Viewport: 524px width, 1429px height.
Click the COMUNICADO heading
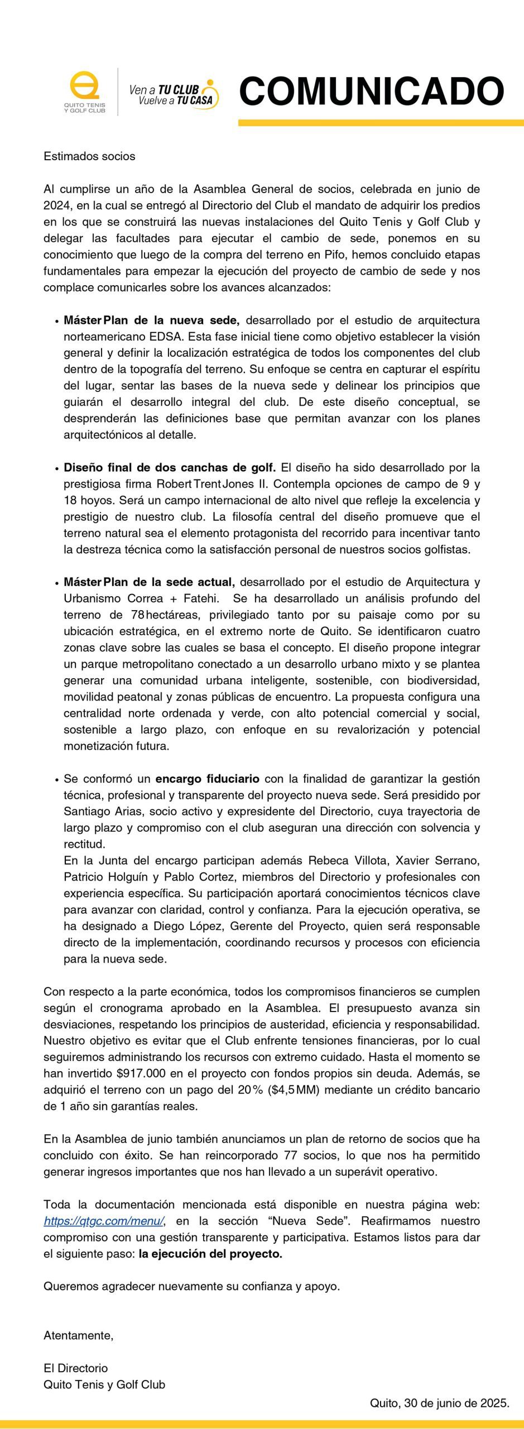pos(372,91)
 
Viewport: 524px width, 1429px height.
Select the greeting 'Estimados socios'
pos(89,156)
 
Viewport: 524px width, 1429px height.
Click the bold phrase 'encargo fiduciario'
pos(207,779)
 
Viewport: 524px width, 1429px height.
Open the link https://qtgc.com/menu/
pos(104,1221)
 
